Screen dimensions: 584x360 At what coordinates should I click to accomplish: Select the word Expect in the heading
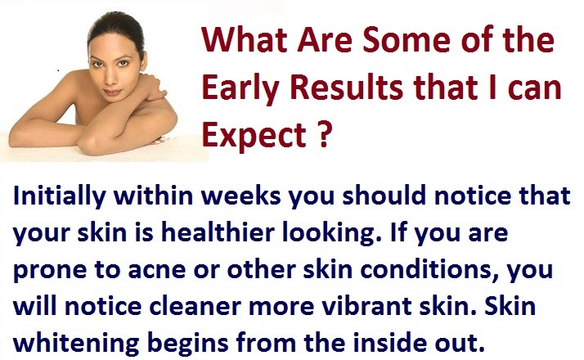point(254,136)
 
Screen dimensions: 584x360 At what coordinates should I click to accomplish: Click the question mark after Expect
point(323,133)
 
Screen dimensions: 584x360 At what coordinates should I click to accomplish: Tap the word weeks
point(241,196)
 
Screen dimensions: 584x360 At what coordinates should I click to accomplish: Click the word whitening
point(76,344)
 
